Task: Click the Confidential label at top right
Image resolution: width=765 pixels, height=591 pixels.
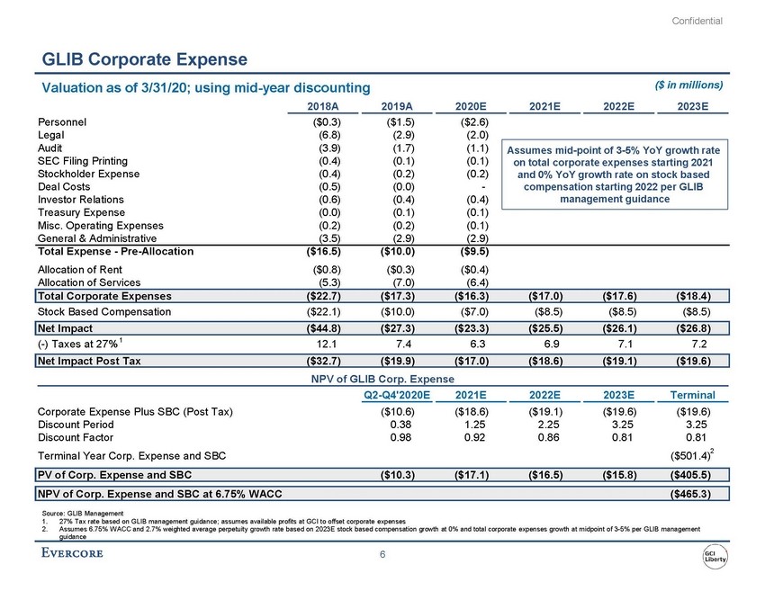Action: coord(697,20)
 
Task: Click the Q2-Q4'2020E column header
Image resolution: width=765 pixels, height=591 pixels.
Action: coord(397,394)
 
